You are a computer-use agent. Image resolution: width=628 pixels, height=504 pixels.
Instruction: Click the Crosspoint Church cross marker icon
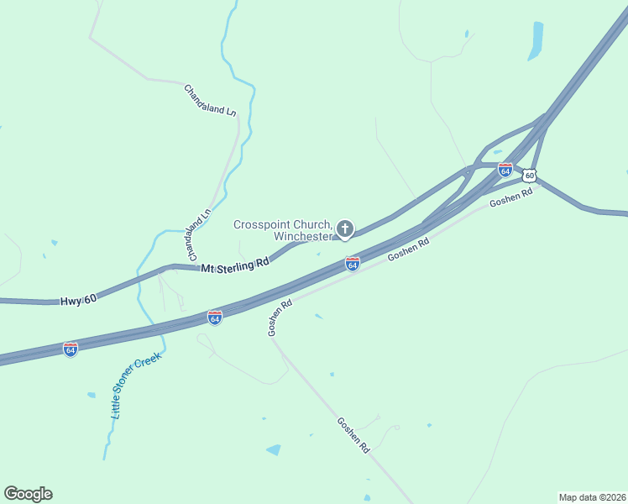click(344, 228)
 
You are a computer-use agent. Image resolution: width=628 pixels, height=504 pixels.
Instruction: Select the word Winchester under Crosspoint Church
click(302, 236)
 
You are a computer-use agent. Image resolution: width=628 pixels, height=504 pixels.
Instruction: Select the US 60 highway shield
click(528, 176)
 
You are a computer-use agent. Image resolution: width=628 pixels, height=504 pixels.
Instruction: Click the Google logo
click(28, 494)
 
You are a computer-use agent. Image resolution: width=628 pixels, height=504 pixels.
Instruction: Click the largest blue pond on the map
click(535, 40)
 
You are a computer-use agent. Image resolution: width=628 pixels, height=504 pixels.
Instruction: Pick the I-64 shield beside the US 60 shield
click(505, 170)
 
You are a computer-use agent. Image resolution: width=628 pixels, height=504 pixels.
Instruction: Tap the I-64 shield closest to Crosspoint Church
click(353, 264)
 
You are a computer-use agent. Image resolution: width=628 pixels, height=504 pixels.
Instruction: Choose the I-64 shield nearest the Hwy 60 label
click(71, 349)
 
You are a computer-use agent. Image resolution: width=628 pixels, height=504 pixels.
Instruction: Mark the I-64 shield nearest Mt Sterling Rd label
click(215, 318)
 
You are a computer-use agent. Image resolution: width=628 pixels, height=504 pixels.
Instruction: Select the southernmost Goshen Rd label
click(353, 435)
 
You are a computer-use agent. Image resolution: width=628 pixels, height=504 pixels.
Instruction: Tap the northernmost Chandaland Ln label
click(210, 99)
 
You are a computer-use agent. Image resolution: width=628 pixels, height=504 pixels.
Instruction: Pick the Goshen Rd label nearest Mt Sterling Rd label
click(280, 318)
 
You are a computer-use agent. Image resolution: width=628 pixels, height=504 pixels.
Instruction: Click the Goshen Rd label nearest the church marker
click(409, 249)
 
